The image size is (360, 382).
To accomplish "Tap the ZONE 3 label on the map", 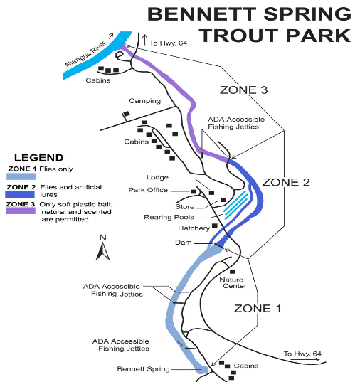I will click(x=244, y=90).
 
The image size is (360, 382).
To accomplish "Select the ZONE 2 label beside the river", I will click(x=286, y=182).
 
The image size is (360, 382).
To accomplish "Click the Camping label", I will click(x=145, y=101).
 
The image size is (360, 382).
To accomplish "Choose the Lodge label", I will click(x=157, y=177).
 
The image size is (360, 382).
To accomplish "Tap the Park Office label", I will click(x=148, y=190).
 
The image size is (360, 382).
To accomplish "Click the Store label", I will click(x=185, y=207).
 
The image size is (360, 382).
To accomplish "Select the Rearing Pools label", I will click(x=169, y=217).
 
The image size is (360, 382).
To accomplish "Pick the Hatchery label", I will click(x=194, y=228).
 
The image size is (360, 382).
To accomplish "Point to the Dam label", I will click(x=184, y=243).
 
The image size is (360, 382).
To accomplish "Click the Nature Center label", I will click(x=233, y=282).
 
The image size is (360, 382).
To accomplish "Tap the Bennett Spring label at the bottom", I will click(x=143, y=369).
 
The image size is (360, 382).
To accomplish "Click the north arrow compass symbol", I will click(x=102, y=248).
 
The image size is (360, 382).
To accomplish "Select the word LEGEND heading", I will click(x=39, y=157).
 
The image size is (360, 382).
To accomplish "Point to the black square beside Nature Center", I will click(x=233, y=271).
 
